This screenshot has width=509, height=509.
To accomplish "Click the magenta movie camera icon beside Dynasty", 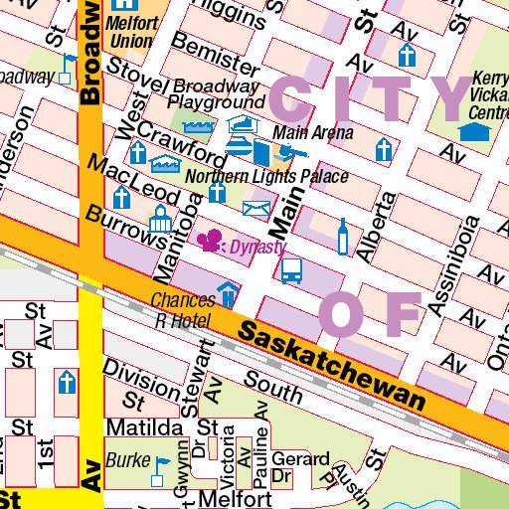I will click(x=211, y=242).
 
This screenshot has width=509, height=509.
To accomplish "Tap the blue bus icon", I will click(x=292, y=270).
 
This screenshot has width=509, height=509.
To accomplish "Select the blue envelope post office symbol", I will click(x=256, y=208).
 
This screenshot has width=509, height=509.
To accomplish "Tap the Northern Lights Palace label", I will click(x=266, y=177).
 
